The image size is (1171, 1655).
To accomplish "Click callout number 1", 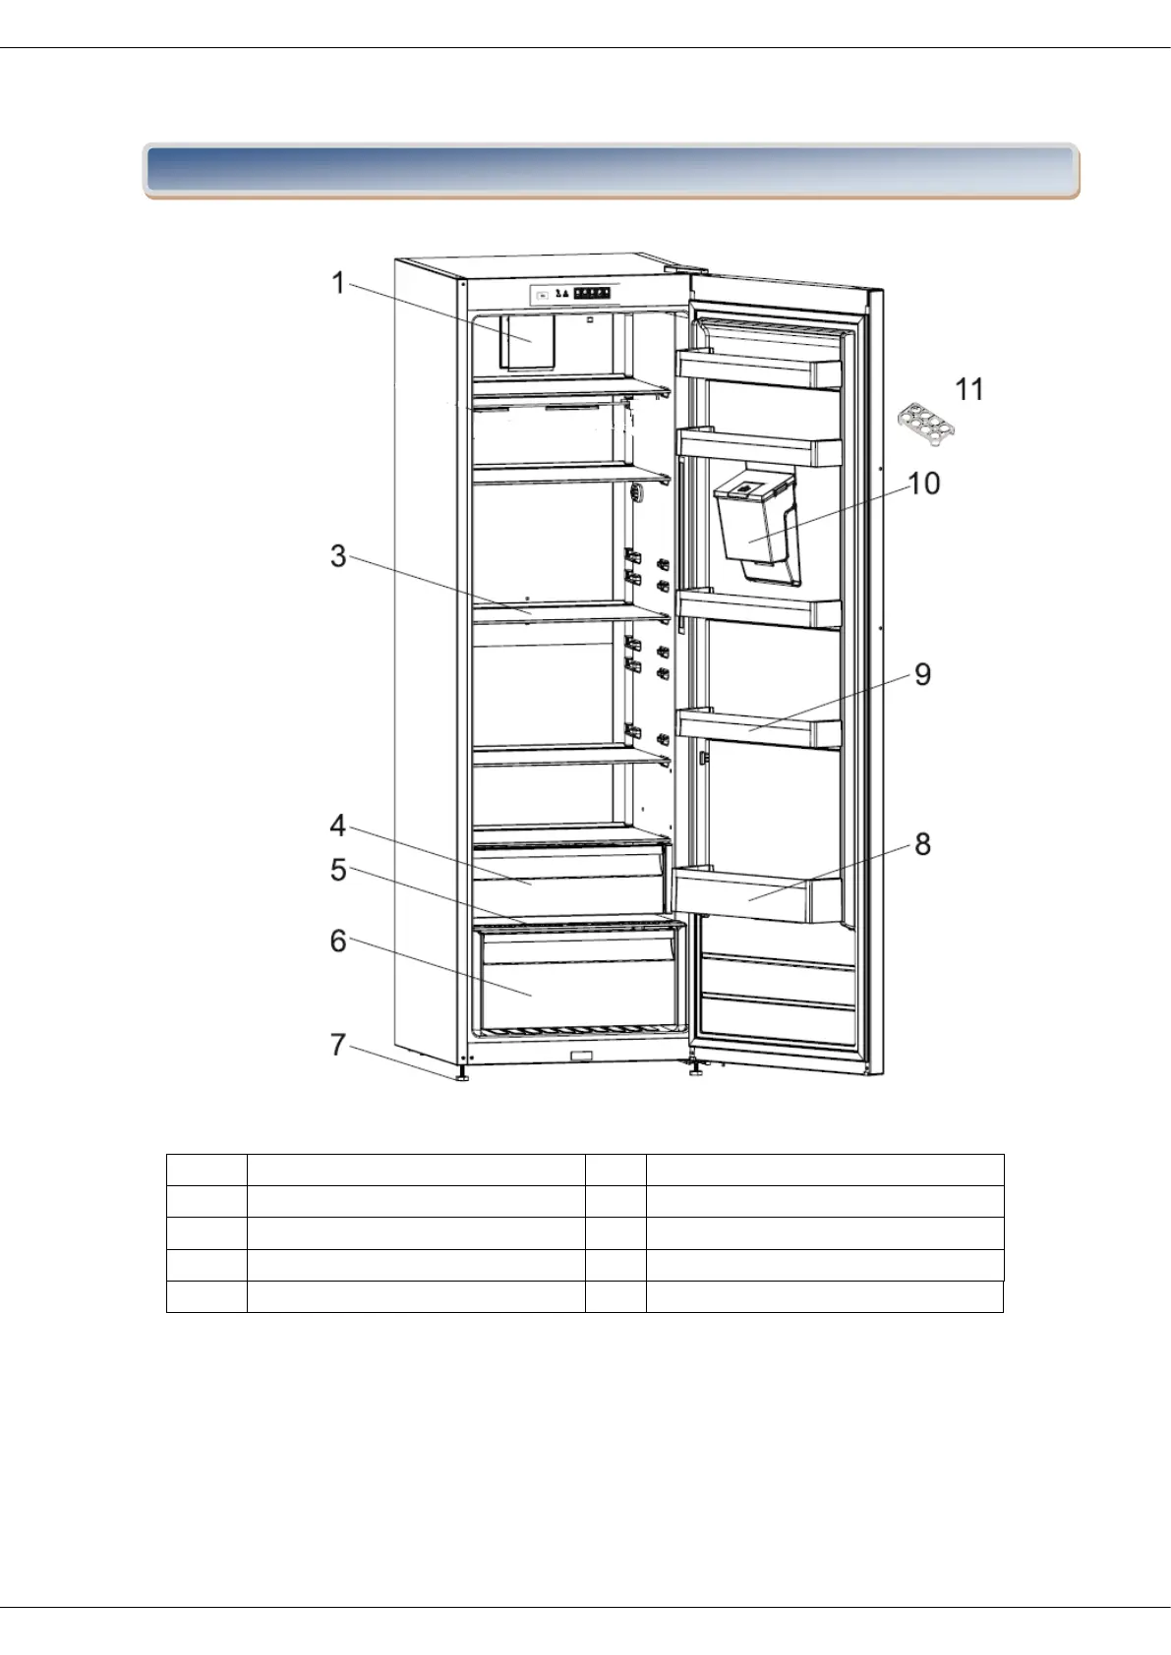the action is pyautogui.click(x=338, y=283).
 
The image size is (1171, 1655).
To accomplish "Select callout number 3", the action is pyautogui.click(x=338, y=556).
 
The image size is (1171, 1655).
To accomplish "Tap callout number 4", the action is pyautogui.click(x=338, y=826).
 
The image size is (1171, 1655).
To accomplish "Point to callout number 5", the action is pyautogui.click(x=338, y=870).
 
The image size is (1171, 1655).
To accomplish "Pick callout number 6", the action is pyautogui.click(x=338, y=941).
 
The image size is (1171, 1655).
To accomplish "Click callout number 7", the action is pyautogui.click(x=338, y=1044).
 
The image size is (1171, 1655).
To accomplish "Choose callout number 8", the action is pyautogui.click(x=922, y=844).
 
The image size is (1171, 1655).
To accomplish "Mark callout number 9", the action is pyautogui.click(x=922, y=674).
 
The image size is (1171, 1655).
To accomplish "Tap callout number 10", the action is pyautogui.click(x=924, y=484).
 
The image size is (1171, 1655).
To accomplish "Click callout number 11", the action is pyautogui.click(x=969, y=389).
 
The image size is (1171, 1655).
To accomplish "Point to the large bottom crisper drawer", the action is pyautogui.click(x=576, y=983).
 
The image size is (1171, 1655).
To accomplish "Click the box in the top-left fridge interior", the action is pyautogui.click(x=527, y=341).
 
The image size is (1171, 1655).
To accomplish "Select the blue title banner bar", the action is pyautogui.click(x=611, y=171).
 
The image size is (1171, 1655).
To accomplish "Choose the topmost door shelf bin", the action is pyautogui.click(x=759, y=370).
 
